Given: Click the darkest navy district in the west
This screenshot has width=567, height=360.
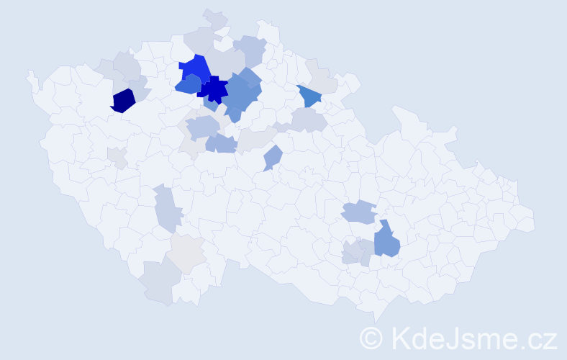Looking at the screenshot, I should click(123, 100).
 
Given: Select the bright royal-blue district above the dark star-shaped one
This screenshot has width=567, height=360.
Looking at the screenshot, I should click(194, 67).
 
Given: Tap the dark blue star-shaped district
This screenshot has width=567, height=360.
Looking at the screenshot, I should click(214, 90).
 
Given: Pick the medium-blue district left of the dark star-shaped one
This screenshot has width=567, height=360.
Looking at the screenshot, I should click(188, 85).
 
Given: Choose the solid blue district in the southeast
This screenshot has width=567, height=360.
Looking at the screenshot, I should click(386, 240).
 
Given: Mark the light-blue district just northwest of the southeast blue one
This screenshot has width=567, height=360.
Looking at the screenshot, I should click(358, 212).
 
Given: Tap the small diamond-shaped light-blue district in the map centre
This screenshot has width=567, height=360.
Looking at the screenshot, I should click(272, 158).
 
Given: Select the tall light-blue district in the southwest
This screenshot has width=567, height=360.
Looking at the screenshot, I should click(166, 207).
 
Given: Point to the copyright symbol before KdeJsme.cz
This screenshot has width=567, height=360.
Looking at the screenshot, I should click(372, 338).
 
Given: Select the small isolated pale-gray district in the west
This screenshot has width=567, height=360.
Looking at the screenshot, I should click(117, 156).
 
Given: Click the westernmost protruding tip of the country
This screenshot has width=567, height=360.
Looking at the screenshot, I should click(30, 73).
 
